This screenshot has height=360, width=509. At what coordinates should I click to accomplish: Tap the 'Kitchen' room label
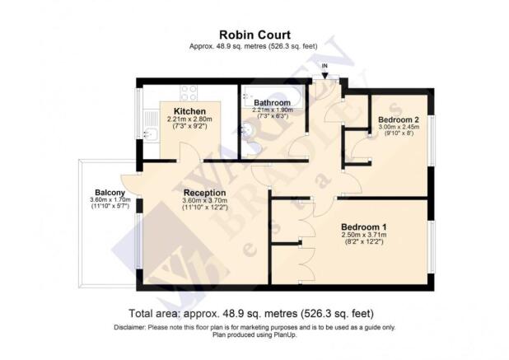click(x=189, y=111)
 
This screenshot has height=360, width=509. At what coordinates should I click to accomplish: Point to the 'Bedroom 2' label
click(x=399, y=119)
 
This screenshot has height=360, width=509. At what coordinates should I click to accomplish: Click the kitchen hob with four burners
click(x=189, y=93)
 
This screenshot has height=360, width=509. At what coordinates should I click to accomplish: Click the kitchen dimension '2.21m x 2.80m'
click(x=189, y=120)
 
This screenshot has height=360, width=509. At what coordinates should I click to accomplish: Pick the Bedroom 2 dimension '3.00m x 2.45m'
click(x=399, y=128)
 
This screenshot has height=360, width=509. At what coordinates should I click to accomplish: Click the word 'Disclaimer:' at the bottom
click(x=133, y=327)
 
